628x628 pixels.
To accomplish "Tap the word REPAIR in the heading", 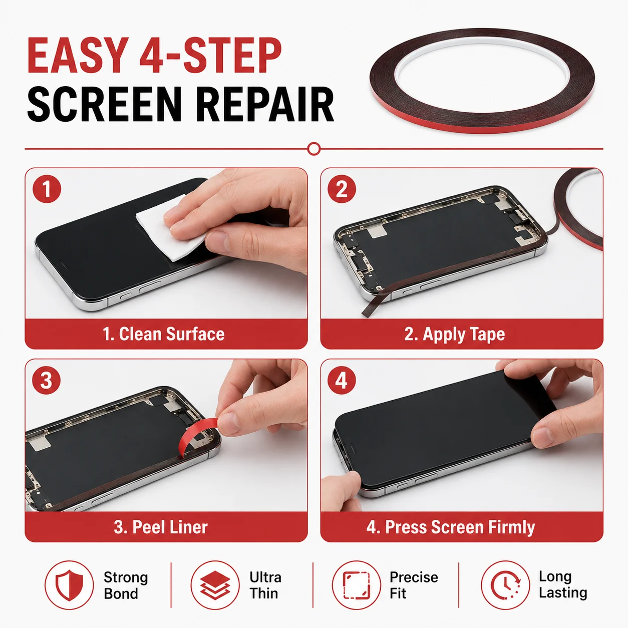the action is (265, 104).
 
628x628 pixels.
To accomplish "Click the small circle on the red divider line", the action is (314, 149).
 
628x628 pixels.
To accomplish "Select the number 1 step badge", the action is (47, 189).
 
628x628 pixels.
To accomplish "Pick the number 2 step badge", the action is (342, 189).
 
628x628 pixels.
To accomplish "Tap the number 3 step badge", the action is (46, 381).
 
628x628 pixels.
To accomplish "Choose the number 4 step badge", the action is (342, 381).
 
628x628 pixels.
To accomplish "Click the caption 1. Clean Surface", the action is (164, 334).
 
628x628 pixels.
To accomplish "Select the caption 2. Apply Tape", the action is (455, 335).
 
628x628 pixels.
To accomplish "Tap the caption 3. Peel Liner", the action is (161, 527).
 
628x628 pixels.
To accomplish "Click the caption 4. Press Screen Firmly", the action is (451, 527).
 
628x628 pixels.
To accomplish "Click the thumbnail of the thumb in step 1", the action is (217, 241).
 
